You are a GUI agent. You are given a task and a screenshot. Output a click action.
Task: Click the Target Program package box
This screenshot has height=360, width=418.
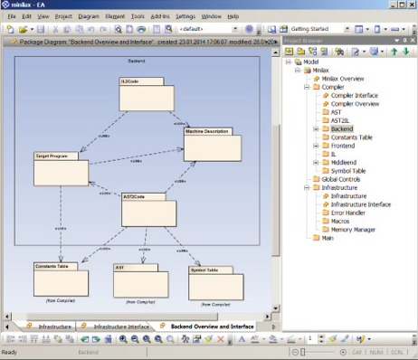point(61,169)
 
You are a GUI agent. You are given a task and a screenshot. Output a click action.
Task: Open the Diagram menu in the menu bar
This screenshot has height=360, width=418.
point(89,16)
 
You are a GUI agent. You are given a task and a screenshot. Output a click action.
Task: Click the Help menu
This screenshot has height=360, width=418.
point(233,16)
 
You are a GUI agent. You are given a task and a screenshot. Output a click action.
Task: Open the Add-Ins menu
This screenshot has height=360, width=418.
point(159,16)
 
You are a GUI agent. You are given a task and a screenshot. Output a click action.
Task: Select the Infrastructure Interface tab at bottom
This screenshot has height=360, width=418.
point(121,326)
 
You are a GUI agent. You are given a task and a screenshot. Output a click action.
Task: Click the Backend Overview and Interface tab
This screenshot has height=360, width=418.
point(211,326)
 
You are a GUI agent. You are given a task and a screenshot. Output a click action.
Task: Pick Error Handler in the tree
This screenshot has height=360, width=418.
point(349,213)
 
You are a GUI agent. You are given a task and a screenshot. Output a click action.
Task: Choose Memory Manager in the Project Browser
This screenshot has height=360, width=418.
point(354,230)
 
